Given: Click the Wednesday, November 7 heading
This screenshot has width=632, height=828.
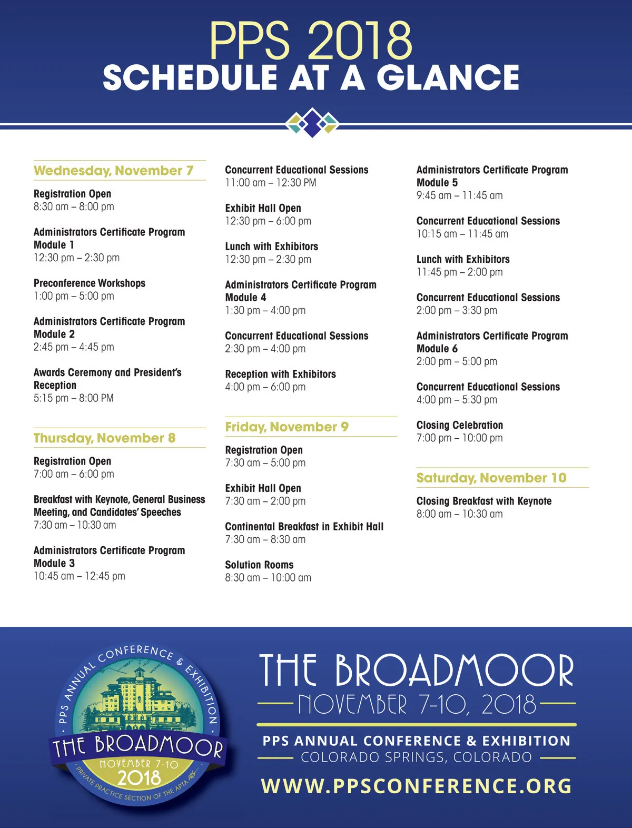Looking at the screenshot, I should (x=113, y=171).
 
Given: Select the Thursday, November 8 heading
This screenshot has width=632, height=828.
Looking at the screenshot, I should (x=104, y=438).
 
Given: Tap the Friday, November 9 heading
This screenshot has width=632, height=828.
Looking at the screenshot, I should (x=287, y=427).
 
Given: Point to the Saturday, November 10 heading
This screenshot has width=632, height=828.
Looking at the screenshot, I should (x=491, y=478).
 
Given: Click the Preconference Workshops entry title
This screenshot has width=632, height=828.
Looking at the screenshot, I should (x=90, y=283).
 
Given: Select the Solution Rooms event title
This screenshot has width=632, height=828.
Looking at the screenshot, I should (x=259, y=565).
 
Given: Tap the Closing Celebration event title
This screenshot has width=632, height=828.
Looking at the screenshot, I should (x=459, y=425).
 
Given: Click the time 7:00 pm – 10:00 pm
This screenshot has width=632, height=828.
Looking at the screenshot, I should (x=459, y=438).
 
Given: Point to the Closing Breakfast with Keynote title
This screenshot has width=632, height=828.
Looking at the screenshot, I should (x=483, y=501).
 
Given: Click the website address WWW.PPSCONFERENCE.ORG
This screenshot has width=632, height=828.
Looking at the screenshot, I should (x=416, y=786).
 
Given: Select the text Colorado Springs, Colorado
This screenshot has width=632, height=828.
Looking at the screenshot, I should (x=416, y=757).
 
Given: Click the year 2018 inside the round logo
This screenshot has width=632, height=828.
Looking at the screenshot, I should (x=139, y=778).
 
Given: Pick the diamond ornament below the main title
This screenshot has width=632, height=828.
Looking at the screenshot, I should (x=312, y=123).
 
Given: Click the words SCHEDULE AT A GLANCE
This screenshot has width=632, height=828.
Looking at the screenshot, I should (x=311, y=78).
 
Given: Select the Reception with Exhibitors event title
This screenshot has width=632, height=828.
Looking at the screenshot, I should (x=280, y=374).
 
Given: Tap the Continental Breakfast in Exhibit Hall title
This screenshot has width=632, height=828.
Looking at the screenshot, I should (x=304, y=527).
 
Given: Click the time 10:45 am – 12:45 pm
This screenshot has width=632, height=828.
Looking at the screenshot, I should (x=79, y=576).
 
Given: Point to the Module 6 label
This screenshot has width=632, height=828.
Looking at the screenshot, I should (x=437, y=349).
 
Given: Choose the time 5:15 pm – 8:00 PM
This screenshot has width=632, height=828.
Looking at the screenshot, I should (x=73, y=398).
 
